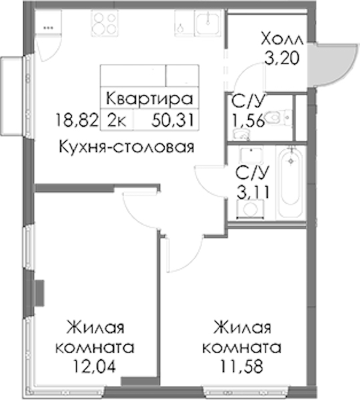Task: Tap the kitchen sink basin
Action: [x=207, y=23]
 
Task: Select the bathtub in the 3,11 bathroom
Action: [x=291, y=183]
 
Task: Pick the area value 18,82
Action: [x=77, y=120]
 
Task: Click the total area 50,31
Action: [x=173, y=120]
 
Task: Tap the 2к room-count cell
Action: [x=117, y=121]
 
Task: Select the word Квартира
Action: [x=149, y=99]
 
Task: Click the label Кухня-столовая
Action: [x=127, y=147]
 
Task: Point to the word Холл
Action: [x=282, y=39]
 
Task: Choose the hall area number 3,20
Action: [x=281, y=59]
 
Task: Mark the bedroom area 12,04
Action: [x=95, y=366]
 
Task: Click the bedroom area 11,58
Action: [x=242, y=366]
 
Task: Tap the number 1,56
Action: [x=247, y=121]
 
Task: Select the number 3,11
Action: [x=253, y=193]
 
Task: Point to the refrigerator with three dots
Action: [x=47, y=22]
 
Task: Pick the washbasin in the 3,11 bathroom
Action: [x=251, y=155]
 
